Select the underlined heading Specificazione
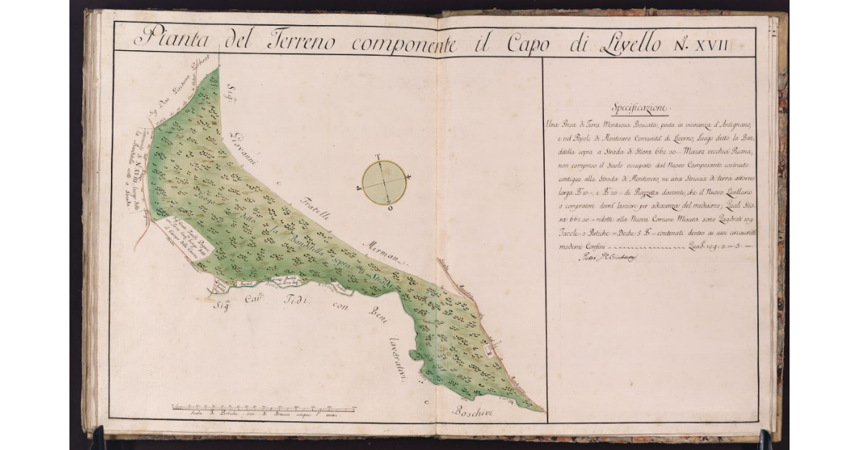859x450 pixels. [640, 109]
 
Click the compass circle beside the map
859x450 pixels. [384, 182]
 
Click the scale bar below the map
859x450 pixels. [263, 409]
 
